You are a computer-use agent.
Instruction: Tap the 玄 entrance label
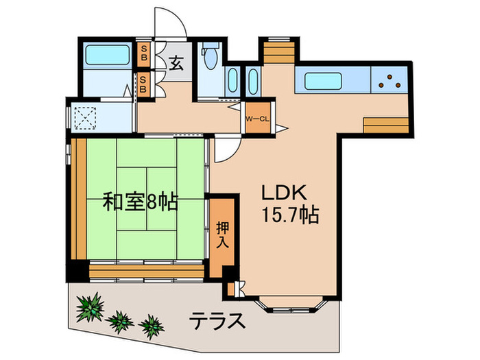click(176, 64)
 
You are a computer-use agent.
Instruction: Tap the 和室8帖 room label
click(141, 202)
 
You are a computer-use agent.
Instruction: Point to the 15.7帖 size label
click(290, 216)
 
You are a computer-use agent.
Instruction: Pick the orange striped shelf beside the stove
click(385, 126)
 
